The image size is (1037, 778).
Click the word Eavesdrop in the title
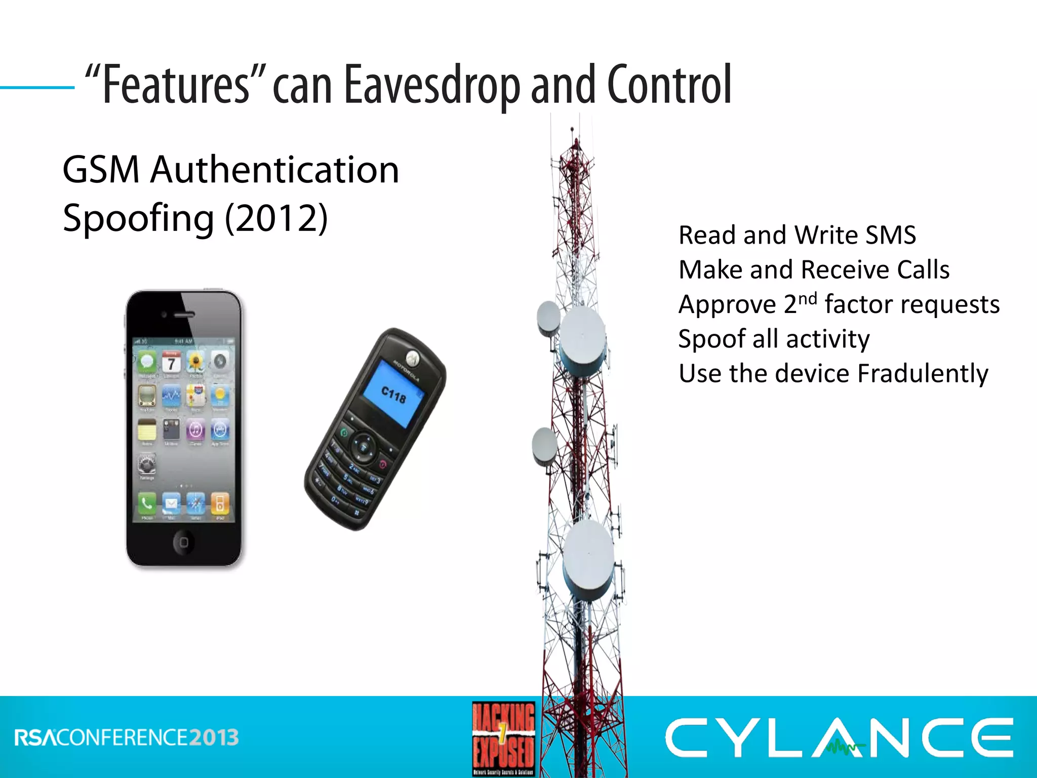(x=431, y=85)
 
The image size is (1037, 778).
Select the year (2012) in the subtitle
(x=276, y=218)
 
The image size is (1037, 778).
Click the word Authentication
(x=275, y=170)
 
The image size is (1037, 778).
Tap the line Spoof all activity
(x=774, y=339)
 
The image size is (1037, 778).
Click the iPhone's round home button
(x=183, y=542)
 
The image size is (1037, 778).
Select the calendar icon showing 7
(x=171, y=362)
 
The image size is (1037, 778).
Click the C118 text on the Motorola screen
(x=393, y=394)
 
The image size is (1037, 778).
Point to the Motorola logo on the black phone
(x=413, y=358)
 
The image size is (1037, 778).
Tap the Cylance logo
(x=839, y=737)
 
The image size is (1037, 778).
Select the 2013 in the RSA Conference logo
(x=214, y=737)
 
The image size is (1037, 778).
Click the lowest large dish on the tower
(x=588, y=560)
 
